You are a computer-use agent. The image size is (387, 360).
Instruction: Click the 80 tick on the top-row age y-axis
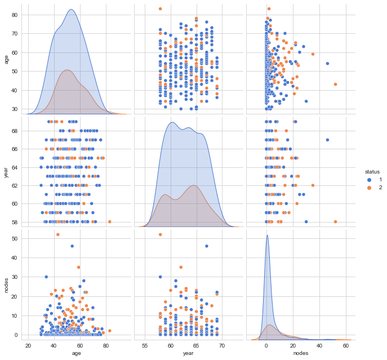pos(15,15)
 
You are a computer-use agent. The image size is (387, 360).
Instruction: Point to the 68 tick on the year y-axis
pos(15,130)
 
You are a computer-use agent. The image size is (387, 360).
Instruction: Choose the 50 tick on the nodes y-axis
pos(15,238)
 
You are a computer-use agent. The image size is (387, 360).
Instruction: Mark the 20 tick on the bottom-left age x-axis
pos(27,345)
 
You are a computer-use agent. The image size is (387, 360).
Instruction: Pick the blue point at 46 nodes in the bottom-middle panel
pos(207,246)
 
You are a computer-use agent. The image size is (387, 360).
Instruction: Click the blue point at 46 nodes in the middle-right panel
pos(327,140)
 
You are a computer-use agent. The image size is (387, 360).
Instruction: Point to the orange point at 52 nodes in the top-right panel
pos(335,84)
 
